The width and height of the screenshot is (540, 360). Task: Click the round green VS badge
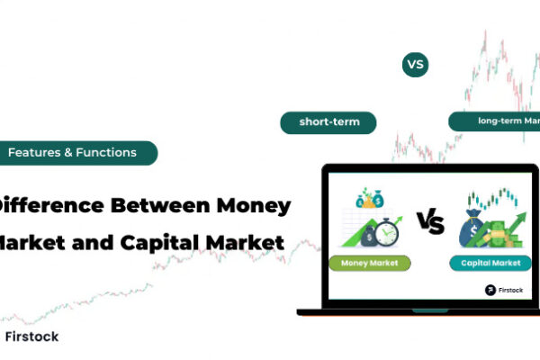coord(415,65)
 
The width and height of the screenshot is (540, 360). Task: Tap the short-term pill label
coord(328,122)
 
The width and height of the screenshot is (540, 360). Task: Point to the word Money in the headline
coord(253,205)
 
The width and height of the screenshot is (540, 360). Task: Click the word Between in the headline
coord(157,205)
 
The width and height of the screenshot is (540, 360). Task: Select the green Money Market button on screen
coord(369,264)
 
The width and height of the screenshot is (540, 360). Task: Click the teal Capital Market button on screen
coord(486,264)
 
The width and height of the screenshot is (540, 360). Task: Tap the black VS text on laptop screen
coord(429,222)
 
